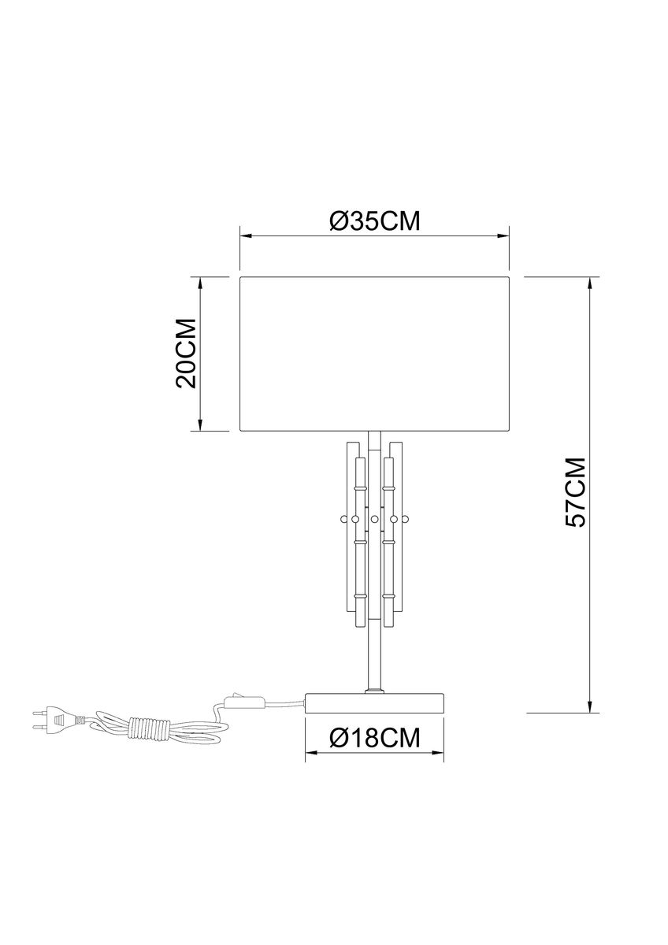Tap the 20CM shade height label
click(187, 353)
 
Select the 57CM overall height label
click(575, 492)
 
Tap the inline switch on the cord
click(245, 702)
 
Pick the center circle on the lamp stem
click(374, 518)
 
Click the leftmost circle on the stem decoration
click(343, 518)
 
